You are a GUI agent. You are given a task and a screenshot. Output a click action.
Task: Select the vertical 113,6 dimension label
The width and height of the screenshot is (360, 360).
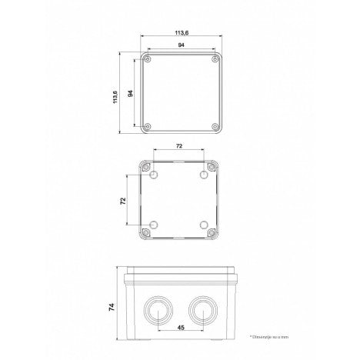tap(115, 93)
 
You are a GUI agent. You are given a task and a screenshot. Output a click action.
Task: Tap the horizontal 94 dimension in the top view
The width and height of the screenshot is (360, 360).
tap(180, 47)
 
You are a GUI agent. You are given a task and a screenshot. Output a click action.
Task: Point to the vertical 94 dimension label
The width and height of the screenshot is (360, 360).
tap(130, 93)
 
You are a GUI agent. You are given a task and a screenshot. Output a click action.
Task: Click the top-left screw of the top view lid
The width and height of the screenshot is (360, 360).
tap(149, 60)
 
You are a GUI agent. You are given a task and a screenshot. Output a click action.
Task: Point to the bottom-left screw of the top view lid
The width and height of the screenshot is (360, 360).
tap(149, 126)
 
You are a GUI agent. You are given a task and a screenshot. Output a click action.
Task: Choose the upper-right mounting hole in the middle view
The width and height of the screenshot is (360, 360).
tap(205, 176)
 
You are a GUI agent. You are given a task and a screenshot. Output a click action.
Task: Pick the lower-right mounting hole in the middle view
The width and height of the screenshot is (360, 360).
tap(205, 225)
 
